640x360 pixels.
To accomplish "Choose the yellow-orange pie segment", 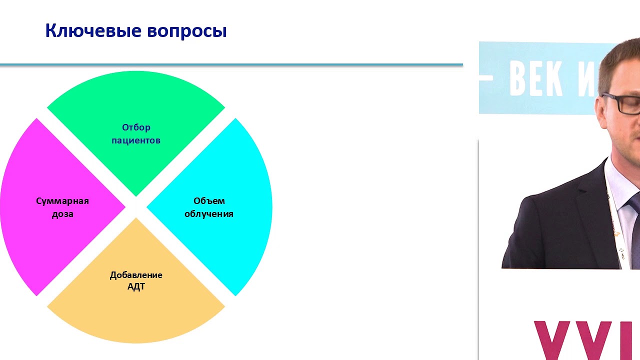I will click(136, 315).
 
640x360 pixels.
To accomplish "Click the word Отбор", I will click(136, 127).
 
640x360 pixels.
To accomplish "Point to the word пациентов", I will click(136, 140).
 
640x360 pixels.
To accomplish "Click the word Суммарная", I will click(62, 201).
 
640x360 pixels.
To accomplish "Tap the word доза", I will click(62, 214).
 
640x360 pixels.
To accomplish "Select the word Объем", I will click(209, 201).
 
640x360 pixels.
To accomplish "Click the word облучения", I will click(209, 214).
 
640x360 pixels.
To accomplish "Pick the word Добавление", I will click(136, 275).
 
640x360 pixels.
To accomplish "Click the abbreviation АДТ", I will click(136, 287).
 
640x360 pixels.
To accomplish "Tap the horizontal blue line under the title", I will click(230, 64).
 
